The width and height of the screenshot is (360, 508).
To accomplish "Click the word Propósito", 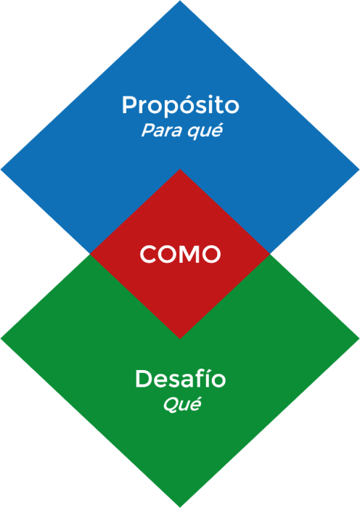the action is pos(181,106).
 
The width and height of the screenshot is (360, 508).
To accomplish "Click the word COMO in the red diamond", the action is pos(180,254).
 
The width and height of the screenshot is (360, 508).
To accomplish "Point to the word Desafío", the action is pos(181,378).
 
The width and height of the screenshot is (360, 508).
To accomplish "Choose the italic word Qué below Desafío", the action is pos(181,404).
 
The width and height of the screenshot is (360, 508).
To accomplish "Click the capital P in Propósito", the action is pos(129,105).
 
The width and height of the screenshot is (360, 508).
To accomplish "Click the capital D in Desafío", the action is pos(144,378).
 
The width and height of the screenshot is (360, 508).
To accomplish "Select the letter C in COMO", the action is pos(148,254).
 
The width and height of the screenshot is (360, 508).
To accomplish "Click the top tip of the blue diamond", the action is pos(180,1).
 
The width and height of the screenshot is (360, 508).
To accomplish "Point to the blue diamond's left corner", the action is pos(1,169).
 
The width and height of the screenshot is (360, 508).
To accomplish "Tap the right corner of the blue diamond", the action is pos(359,169).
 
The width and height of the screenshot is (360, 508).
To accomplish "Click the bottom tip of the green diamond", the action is pos(180,507).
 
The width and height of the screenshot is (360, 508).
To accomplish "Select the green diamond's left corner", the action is pos(1,338).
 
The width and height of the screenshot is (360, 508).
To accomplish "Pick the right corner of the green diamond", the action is pos(359,338).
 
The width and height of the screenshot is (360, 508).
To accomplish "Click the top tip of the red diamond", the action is pos(180,169).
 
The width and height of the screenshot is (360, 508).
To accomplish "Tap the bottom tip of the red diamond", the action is pos(180,339).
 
